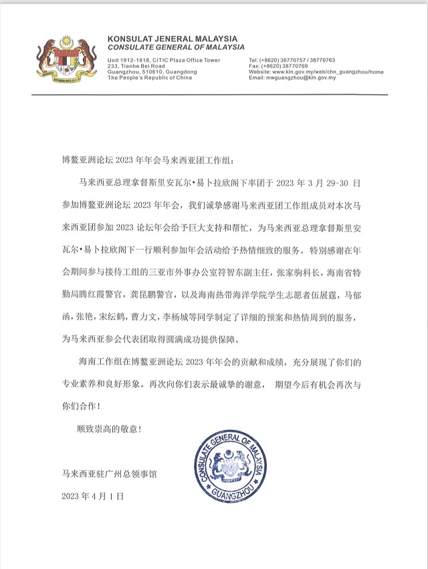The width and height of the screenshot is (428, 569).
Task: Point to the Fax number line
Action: tap(278, 66)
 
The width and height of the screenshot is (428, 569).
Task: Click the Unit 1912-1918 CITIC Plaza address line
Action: tap(164, 60)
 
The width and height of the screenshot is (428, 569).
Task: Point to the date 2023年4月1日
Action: tap(93, 497)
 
